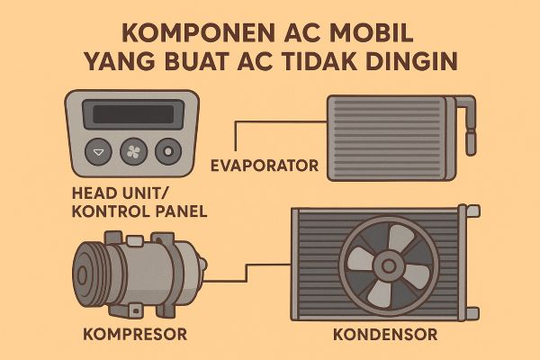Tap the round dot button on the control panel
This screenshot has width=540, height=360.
click(167, 150)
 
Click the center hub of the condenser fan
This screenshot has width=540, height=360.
click(389, 265)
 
